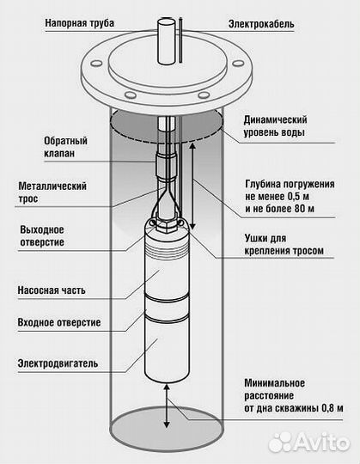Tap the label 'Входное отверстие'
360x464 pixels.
point(59,322)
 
